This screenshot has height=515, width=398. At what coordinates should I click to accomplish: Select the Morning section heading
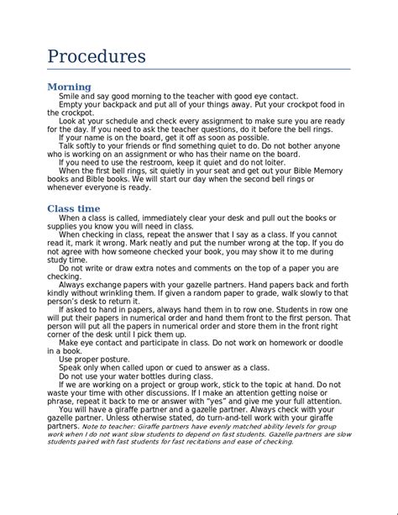pos(69,87)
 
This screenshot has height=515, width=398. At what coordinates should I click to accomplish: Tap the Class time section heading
pos(74,208)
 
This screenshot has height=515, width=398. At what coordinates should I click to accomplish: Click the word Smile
pos(70,97)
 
